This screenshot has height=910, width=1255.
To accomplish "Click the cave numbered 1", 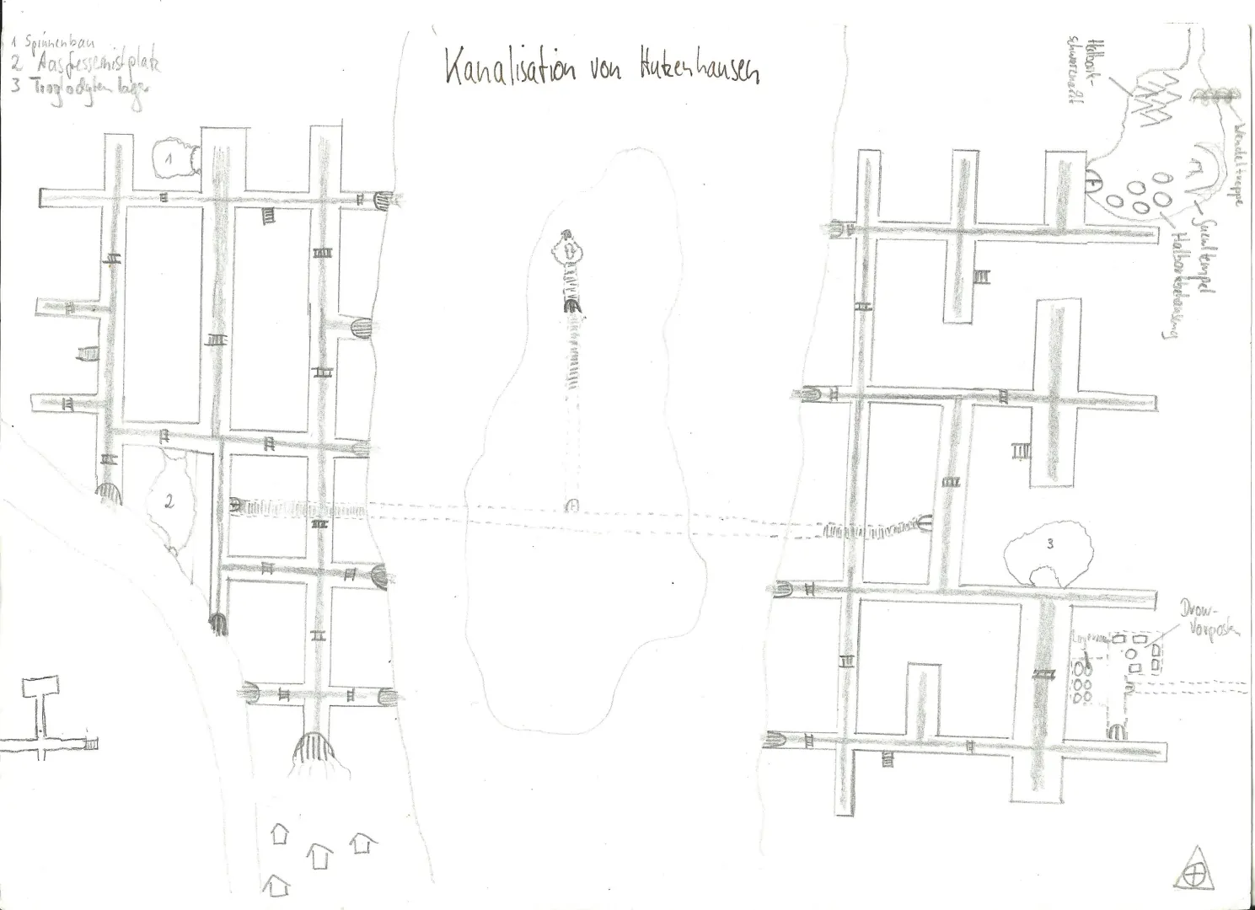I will [x=174, y=160].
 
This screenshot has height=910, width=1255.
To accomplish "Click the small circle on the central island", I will [x=571, y=506].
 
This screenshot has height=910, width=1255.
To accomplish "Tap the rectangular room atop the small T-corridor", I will [x=39, y=687].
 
